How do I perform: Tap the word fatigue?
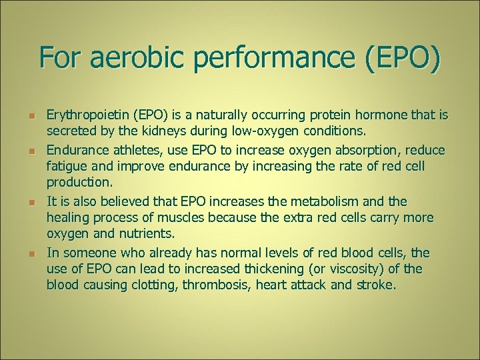[x=66, y=165]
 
